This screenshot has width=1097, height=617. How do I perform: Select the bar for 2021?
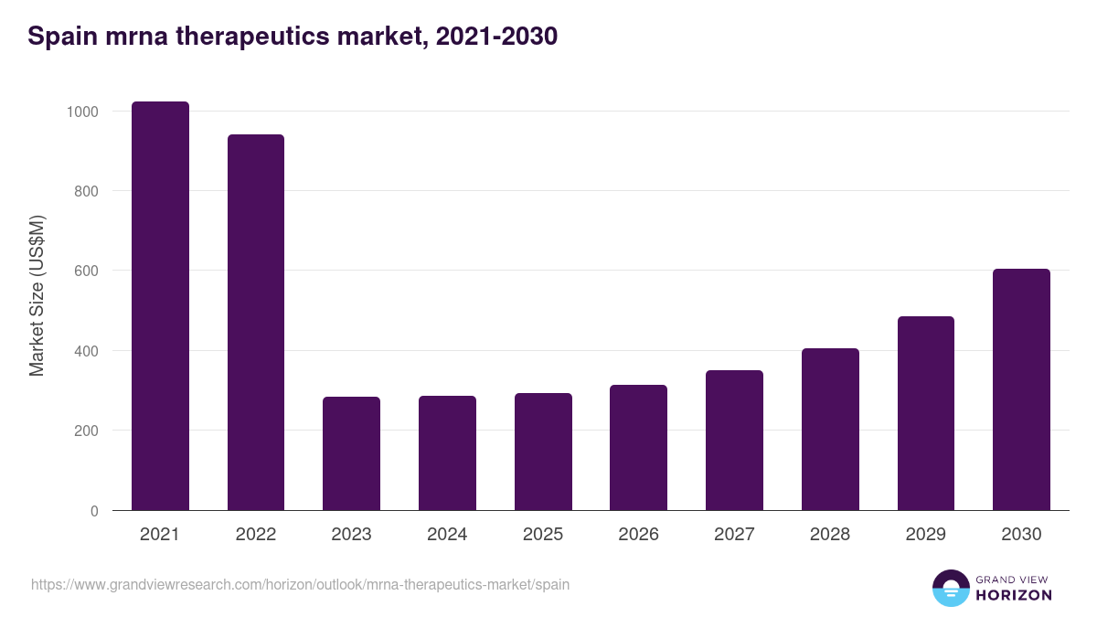pyautogui.click(x=160, y=306)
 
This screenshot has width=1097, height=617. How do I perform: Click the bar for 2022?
pyautogui.click(x=256, y=323)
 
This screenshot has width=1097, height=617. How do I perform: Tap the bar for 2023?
pyautogui.click(x=351, y=453)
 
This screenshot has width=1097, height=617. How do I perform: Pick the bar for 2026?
pyautogui.click(x=638, y=448)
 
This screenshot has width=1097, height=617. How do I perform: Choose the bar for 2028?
pyautogui.click(x=830, y=430)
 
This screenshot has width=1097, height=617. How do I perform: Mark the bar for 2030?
pyautogui.click(x=1021, y=389)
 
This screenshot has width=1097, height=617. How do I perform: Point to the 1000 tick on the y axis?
pyautogui.click(x=81, y=112)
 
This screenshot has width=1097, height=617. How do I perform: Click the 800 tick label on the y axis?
pyautogui.click(x=86, y=191)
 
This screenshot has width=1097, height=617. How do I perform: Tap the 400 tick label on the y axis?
pyautogui.click(x=86, y=351)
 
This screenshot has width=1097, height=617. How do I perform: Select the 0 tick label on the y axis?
pyautogui.click(x=93, y=511)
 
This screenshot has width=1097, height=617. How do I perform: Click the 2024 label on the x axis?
pyautogui.click(x=447, y=535)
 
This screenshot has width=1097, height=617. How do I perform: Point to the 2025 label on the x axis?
pyautogui.click(x=543, y=535)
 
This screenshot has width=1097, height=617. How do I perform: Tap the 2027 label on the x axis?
pyautogui.click(x=734, y=535)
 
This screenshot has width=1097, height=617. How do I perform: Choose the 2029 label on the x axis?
pyautogui.click(x=925, y=535)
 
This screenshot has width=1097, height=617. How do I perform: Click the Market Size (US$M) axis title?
pyautogui.click(x=37, y=295)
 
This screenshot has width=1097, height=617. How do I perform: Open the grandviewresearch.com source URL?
pyautogui.click(x=300, y=584)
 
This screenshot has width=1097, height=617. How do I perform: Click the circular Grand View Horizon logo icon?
pyautogui.click(x=950, y=588)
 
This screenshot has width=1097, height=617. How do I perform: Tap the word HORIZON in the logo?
pyautogui.click(x=1013, y=595)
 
